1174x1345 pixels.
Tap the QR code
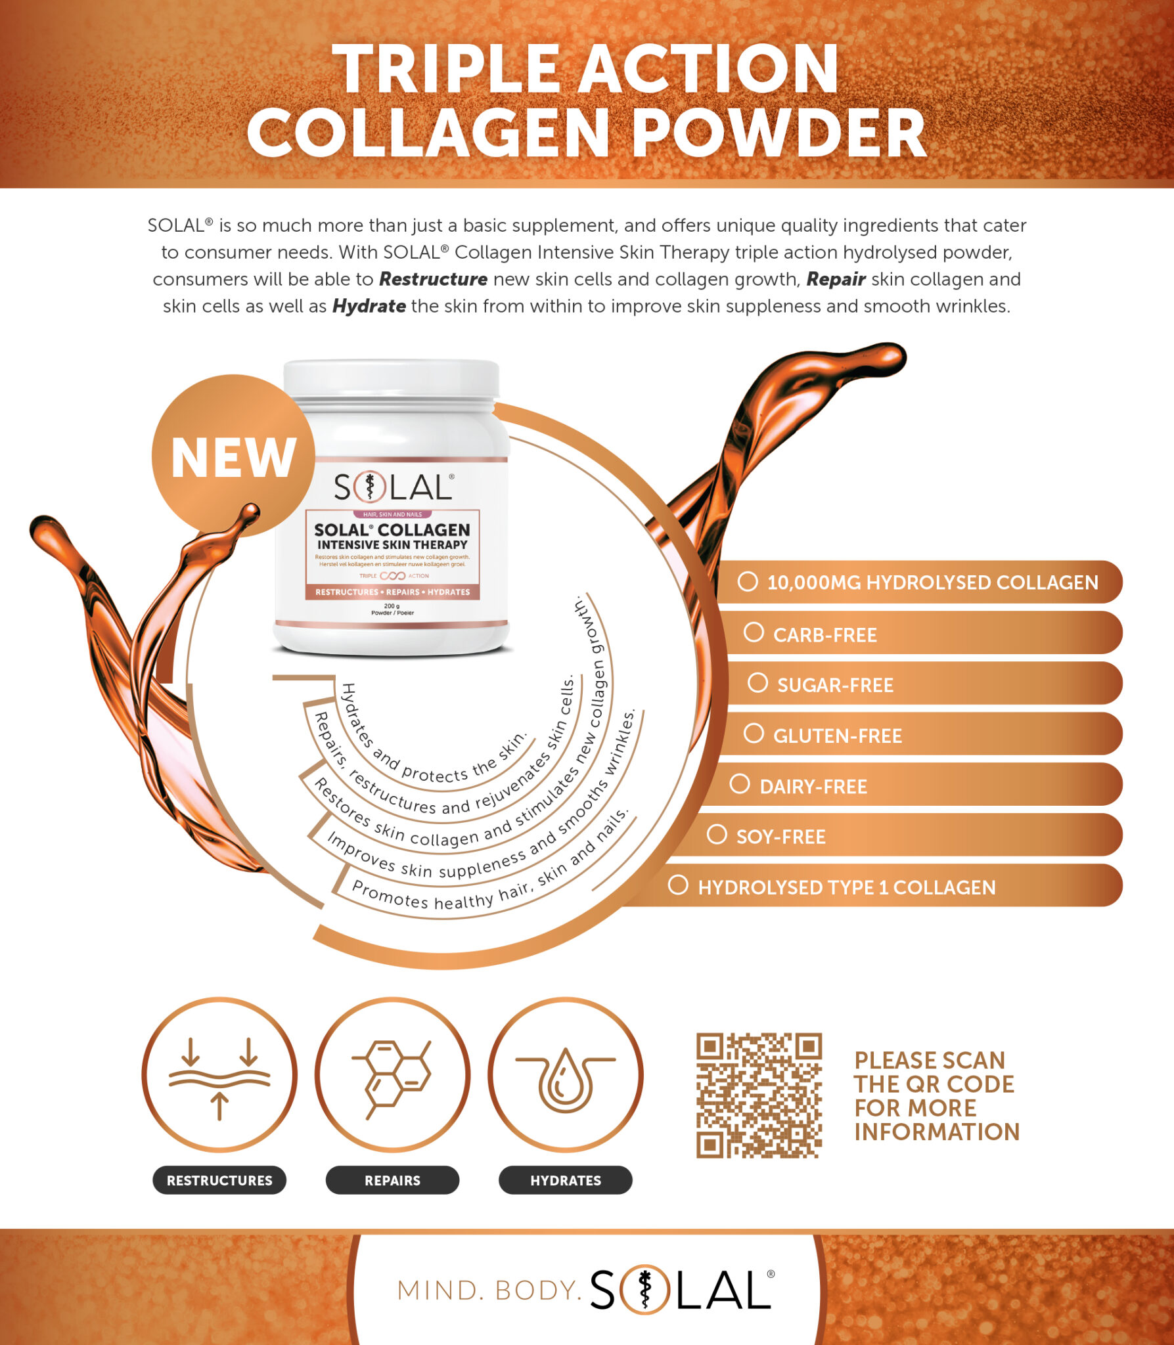[x=759, y=1095]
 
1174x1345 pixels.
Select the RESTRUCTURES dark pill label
[x=219, y=1180]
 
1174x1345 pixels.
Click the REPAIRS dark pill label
[x=392, y=1180]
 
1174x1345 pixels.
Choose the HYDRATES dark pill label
[x=566, y=1180]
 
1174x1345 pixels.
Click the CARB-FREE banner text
[x=824, y=635]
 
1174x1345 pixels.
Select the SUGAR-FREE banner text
[x=835, y=686]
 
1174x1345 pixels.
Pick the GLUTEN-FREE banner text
[x=838, y=736]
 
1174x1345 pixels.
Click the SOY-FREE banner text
[x=780, y=837]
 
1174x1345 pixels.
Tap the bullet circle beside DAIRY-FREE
[x=740, y=783]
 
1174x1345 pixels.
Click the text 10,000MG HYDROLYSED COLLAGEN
[x=932, y=583]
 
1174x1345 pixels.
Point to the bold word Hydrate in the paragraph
[x=369, y=306]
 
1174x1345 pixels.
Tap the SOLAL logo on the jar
[x=393, y=487]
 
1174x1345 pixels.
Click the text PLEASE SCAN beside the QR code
[x=930, y=1060]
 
